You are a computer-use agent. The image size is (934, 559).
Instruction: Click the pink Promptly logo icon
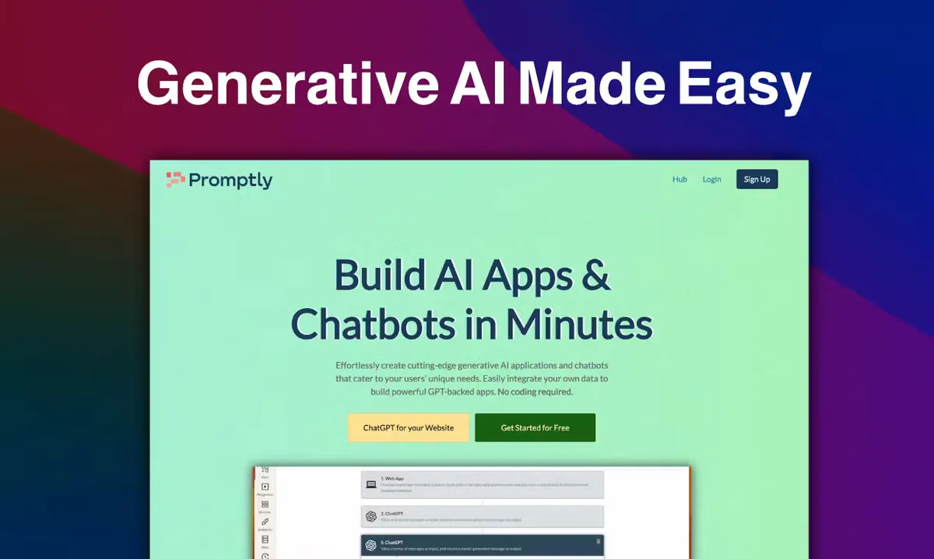coord(175,180)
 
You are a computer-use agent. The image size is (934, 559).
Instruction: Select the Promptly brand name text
coord(230,181)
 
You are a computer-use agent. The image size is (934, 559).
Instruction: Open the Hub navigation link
coord(679,179)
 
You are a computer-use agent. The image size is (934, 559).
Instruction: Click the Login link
coord(711,179)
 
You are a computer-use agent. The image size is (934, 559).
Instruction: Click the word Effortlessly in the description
coord(364,365)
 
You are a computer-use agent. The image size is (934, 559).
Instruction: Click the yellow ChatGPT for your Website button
coord(409,427)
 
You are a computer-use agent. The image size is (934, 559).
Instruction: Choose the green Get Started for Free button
coord(535,427)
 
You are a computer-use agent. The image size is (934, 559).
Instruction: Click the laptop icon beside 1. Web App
coord(371,485)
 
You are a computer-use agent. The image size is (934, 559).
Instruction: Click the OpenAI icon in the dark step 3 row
coord(371,545)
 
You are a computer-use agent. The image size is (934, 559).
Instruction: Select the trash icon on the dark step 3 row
coord(598,541)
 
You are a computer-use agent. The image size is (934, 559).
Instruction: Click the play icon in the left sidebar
coord(265,487)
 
